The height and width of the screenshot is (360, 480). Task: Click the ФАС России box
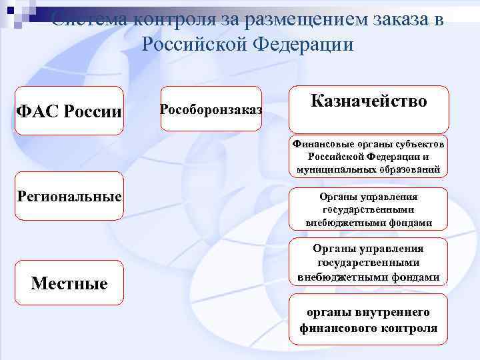[69, 110]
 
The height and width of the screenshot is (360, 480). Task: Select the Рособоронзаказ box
[211, 109]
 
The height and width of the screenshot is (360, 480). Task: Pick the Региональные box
[69, 197]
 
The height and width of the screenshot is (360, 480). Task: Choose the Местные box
[69, 283]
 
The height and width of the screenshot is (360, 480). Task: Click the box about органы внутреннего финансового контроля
[369, 320]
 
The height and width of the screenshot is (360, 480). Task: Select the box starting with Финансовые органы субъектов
[369, 157]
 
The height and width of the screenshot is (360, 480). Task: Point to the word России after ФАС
[93, 111]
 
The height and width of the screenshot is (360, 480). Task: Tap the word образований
[410, 169]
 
